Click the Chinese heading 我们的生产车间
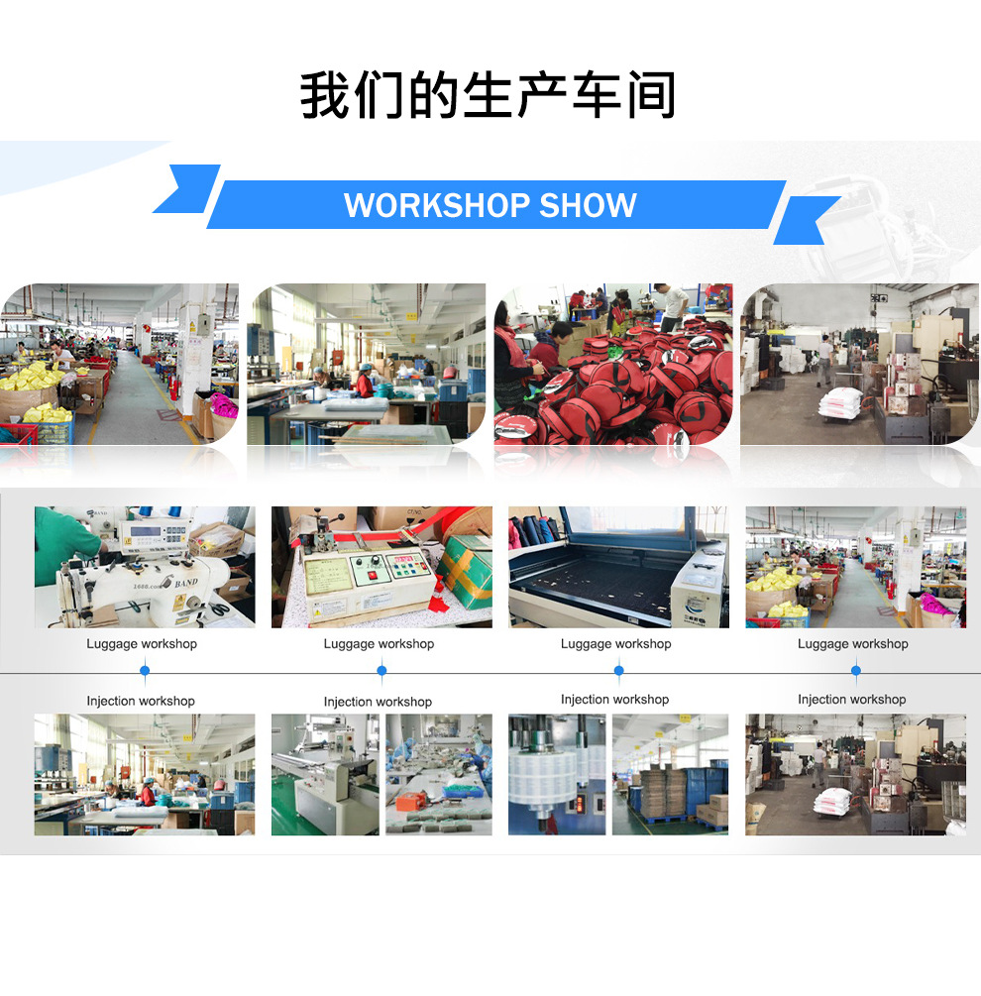489,96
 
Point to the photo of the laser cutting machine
618,567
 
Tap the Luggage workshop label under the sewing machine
142,644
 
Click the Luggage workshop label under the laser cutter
615,644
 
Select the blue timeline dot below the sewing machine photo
145,671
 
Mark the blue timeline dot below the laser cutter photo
618,671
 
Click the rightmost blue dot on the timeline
855,671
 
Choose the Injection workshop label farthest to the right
851,700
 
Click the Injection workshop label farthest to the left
141,701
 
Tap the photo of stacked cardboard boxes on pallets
670,774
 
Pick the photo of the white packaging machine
324,774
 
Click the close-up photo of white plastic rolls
556,774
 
